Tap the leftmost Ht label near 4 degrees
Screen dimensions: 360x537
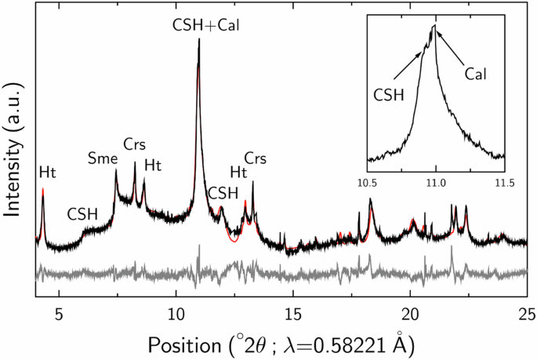(48, 172)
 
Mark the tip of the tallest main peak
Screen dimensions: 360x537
(199, 39)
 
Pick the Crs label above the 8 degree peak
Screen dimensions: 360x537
(135, 145)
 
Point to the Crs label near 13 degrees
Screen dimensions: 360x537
(256, 158)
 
